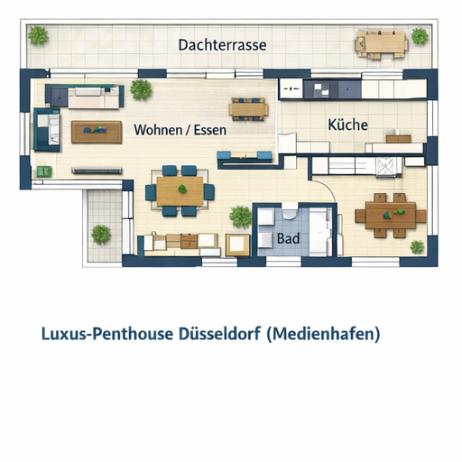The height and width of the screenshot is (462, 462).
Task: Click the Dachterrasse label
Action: [x=222, y=45]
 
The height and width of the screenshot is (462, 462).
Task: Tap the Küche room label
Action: [x=347, y=125]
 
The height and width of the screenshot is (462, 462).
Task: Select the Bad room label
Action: [x=288, y=238]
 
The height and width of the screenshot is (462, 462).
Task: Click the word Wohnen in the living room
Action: [x=158, y=130]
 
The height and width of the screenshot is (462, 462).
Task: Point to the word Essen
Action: [x=210, y=130]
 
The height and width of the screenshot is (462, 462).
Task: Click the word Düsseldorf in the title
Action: [x=219, y=334]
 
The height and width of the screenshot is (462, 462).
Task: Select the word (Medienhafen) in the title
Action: [x=323, y=334]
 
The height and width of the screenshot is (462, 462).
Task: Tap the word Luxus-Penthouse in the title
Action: [x=107, y=334]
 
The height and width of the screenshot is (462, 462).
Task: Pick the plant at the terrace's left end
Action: [x=38, y=35]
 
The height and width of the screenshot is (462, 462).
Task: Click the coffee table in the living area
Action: [x=97, y=132]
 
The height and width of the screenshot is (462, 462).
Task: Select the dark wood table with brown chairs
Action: [x=391, y=216]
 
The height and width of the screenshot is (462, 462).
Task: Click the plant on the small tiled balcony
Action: [x=101, y=235]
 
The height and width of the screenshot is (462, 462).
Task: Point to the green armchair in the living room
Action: [x=44, y=171]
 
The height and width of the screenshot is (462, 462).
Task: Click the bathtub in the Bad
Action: [x=320, y=232]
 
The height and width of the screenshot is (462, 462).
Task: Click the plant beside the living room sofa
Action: [x=141, y=89]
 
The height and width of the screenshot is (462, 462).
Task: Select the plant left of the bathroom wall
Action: [x=241, y=217]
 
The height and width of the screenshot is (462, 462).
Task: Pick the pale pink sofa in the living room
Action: [x=93, y=98]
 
